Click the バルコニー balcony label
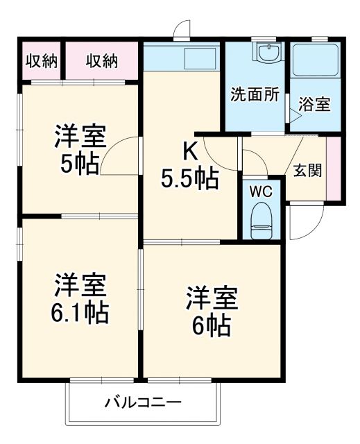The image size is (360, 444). (x=144, y=402)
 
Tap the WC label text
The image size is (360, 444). (x=262, y=189)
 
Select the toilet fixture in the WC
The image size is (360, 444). (x=262, y=216)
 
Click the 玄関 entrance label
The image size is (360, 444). (x=307, y=170)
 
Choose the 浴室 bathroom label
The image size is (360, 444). (x=314, y=105)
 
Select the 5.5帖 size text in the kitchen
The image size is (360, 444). (x=190, y=179)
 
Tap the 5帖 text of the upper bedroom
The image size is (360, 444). (x=79, y=164)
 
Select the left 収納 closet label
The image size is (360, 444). (x=41, y=61)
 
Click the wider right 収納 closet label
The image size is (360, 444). (x=101, y=61)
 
